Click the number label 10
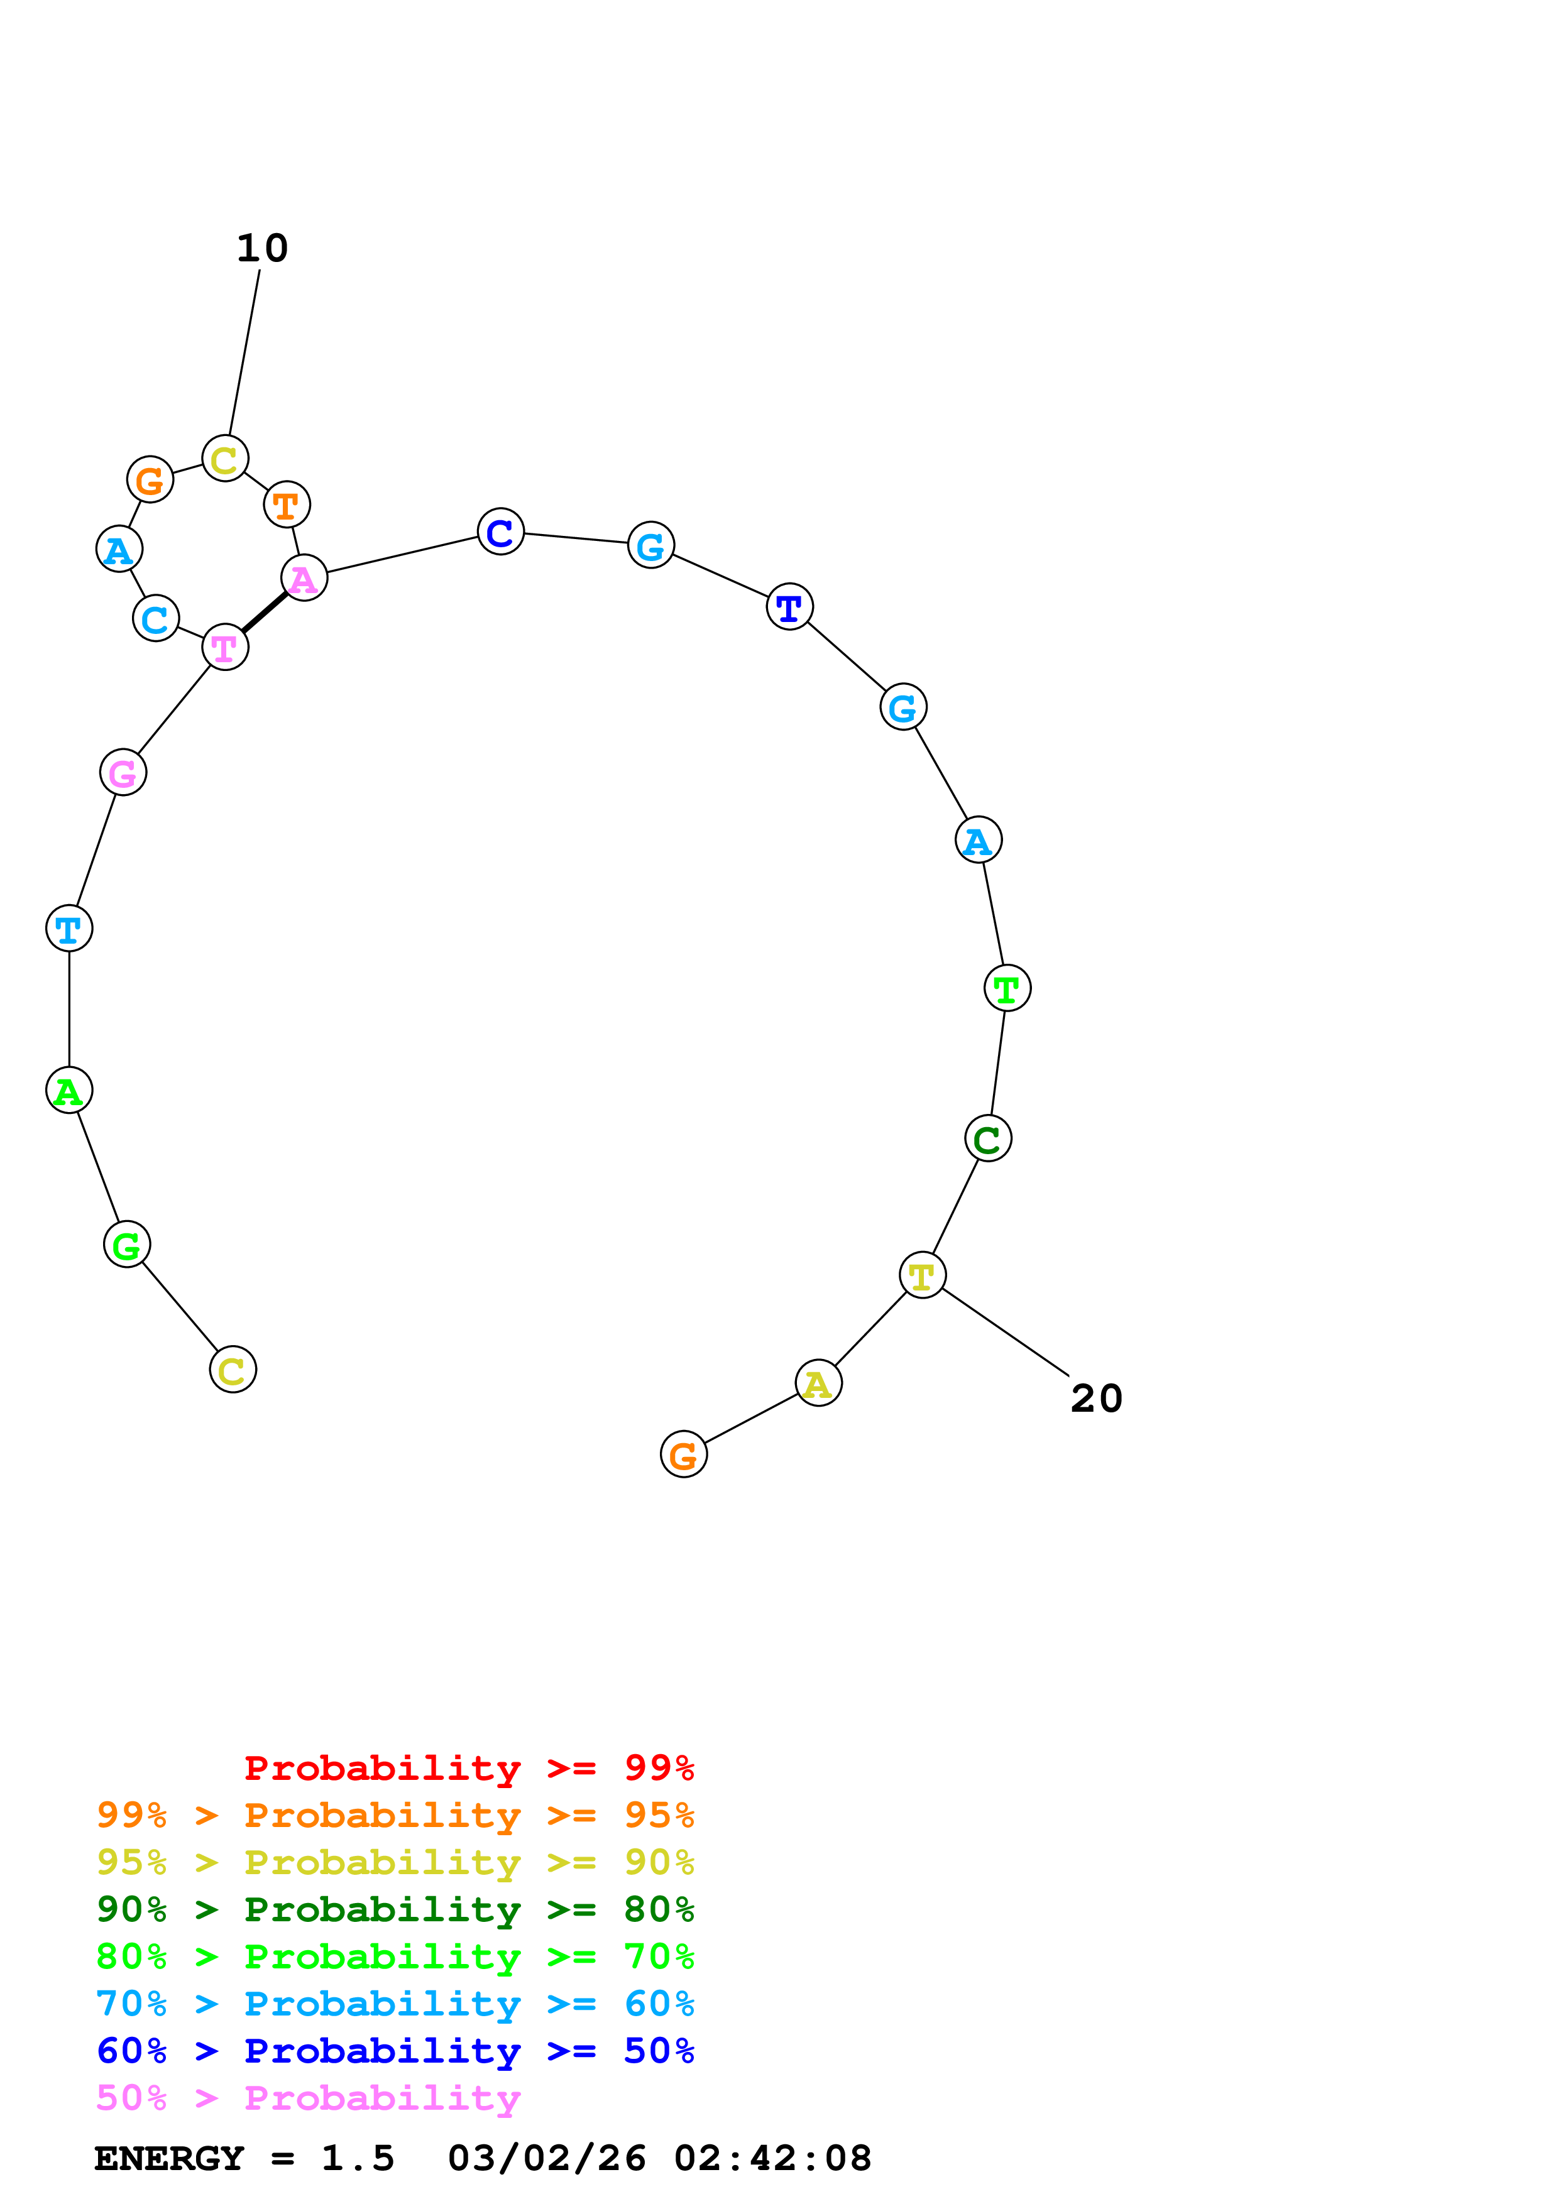click(262, 249)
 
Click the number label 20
click(1095, 1399)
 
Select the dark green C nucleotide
click(988, 1138)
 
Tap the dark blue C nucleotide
click(500, 532)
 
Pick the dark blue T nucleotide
click(789, 607)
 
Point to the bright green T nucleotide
click(1007, 988)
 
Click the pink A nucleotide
click(304, 578)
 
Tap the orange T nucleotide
click(286, 505)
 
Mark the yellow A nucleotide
click(818, 1383)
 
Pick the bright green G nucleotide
click(127, 1245)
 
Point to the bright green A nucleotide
click(69, 1091)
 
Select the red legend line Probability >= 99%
click(468, 1768)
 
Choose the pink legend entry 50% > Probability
click(308, 2097)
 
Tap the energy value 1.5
click(357, 2158)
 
